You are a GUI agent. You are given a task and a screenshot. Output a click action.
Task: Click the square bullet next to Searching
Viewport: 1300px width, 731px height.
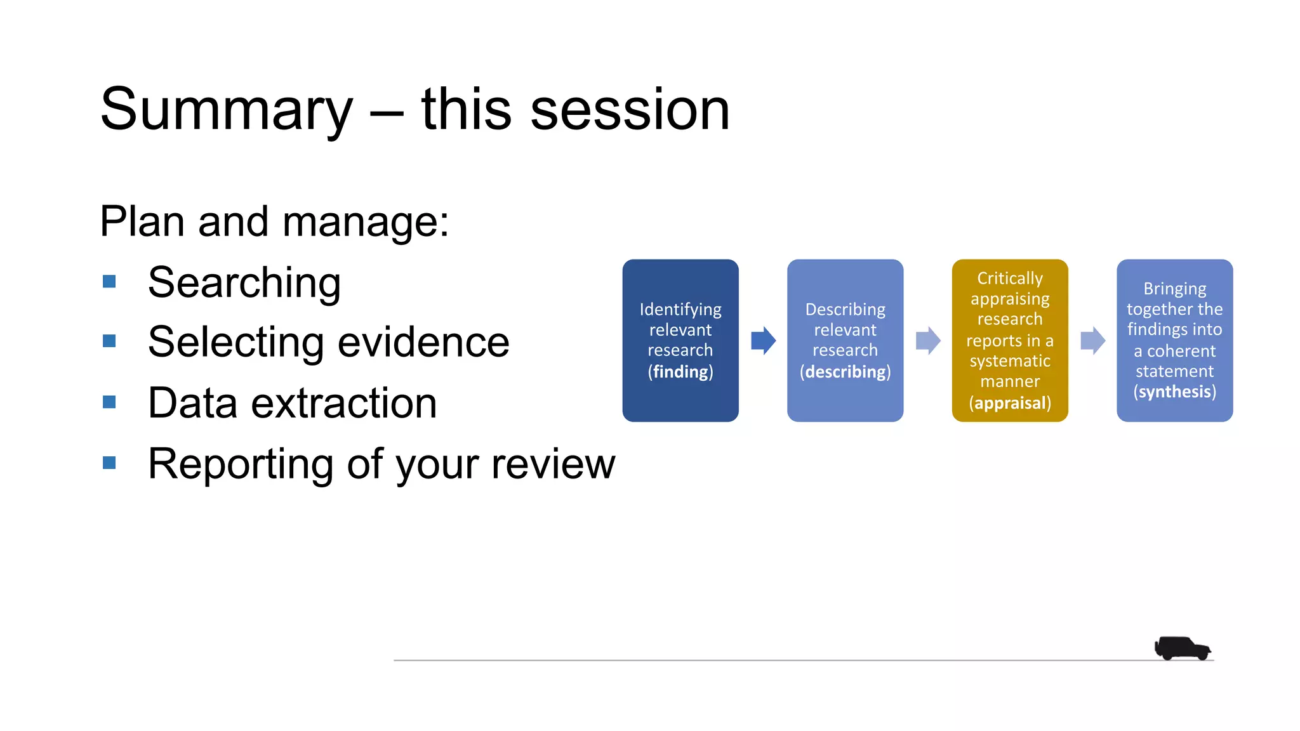[109, 281]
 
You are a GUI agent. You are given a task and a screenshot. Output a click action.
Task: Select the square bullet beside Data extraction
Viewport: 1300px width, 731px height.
[109, 402]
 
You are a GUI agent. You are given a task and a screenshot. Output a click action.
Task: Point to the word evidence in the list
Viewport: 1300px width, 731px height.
[423, 343]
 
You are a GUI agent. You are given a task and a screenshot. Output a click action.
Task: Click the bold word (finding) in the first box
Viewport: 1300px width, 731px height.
[680, 372]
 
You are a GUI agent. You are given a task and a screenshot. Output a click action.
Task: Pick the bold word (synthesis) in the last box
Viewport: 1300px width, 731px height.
[1174, 392]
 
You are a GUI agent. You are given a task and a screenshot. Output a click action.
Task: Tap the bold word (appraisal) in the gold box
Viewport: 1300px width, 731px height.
[1009, 403]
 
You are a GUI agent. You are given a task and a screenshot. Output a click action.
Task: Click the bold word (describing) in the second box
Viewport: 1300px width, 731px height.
[845, 372]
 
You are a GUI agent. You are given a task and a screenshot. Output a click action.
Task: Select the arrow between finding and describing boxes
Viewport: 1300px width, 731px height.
[763, 341]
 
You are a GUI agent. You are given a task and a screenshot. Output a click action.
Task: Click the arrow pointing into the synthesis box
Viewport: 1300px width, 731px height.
[1092, 341]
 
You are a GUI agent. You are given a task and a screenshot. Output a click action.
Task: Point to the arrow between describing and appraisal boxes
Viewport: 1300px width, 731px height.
[927, 341]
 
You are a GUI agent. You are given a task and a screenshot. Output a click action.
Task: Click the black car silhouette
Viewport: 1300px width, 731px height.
[1181, 649]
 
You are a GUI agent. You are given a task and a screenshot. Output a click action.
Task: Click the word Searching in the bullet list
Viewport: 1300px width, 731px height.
[244, 283]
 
